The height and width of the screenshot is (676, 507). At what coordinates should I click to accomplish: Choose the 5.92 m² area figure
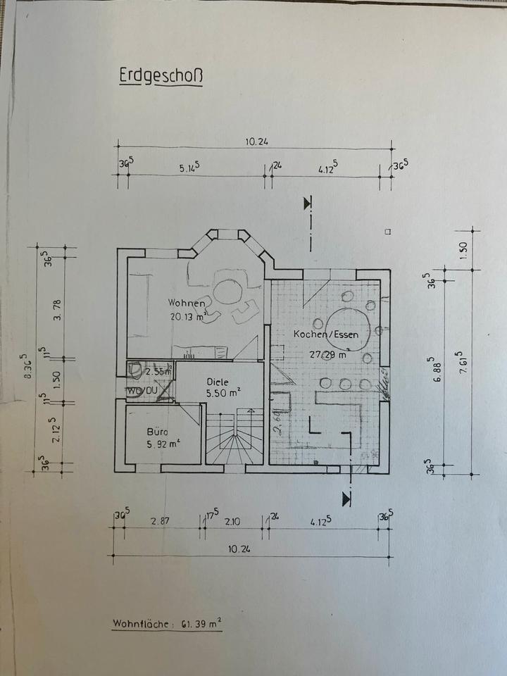pyautogui.click(x=162, y=444)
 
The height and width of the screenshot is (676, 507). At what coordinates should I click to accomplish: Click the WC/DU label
pyautogui.click(x=144, y=389)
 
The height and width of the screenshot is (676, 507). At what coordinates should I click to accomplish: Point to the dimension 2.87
pyautogui.click(x=161, y=521)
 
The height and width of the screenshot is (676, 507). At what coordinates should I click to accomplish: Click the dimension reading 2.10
pyautogui.click(x=233, y=521)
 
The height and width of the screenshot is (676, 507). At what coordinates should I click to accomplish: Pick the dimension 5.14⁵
pyautogui.click(x=190, y=168)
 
